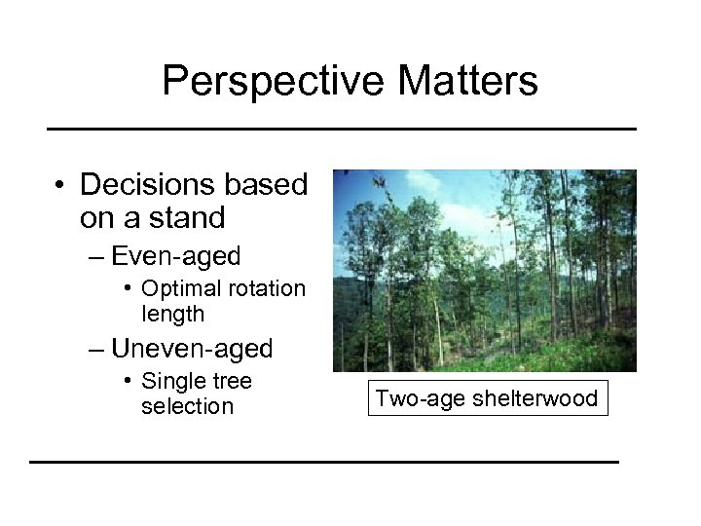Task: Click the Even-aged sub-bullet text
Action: coord(176,256)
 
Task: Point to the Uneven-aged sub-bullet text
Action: coord(192,348)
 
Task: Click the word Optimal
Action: coord(180,289)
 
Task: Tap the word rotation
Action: coord(266,289)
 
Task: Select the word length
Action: coord(172,314)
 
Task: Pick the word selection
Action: coord(187,405)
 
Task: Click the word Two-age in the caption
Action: coord(416,398)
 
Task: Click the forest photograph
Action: coord(484,271)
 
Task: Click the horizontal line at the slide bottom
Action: coord(324,461)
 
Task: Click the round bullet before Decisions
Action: coord(60,186)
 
